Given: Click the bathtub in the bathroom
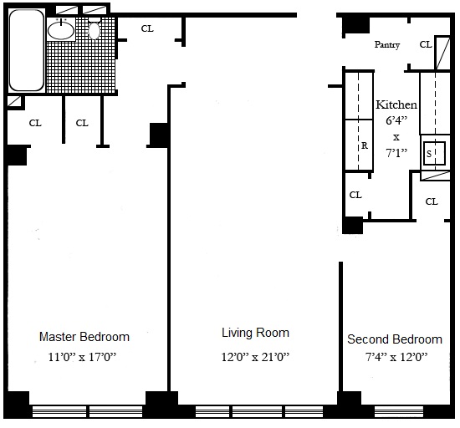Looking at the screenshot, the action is pyautogui.click(x=27, y=50).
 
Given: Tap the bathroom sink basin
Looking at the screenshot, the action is pyautogui.click(x=61, y=30).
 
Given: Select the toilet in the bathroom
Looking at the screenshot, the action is pyautogui.click(x=95, y=30).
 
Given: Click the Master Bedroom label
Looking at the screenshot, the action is pyautogui.click(x=84, y=337).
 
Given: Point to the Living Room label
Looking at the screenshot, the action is pyautogui.click(x=255, y=333).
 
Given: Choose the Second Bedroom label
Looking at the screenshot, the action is pyautogui.click(x=395, y=339).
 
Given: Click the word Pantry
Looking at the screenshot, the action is pyautogui.click(x=387, y=44).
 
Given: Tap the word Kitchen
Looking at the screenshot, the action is pyautogui.click(x=396, y=104).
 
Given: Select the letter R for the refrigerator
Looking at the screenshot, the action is pyautogui.click(x=365, y=145).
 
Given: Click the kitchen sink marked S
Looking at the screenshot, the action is pyautogui.click(x=434, y=153).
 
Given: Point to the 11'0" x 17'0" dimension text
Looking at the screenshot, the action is pyautogui.click(x=82, y=357).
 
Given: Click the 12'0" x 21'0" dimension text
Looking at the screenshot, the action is pyautogui.click(x=255, y=357).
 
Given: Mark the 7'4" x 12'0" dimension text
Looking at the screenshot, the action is pyautogui.click(x=396, y=357).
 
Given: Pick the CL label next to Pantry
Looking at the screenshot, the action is pyautogui.click(x=426, y=44).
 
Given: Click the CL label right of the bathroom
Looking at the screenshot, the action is pyautogui.click(x=147, y=28).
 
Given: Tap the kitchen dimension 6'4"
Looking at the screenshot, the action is pyautogui.click(x=396, y=120).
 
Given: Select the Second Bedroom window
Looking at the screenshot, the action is pyautogui.click(x=399, y=411).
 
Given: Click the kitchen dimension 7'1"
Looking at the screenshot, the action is pyautogui.click(x=396, y=153).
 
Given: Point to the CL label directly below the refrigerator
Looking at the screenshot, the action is pyautogui.click(x=355, y=195).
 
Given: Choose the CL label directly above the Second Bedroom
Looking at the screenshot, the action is pyautogui.click(x=432, y=201).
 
